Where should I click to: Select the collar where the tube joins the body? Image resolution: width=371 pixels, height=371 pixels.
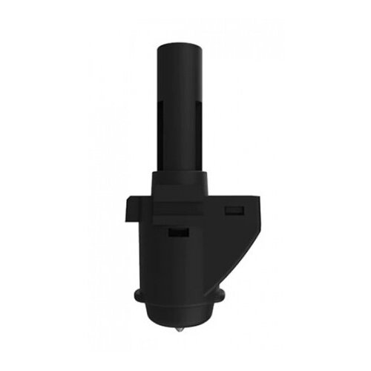tap(180, 178)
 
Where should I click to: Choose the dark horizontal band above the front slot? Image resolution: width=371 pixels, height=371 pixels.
tap(178, 215)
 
